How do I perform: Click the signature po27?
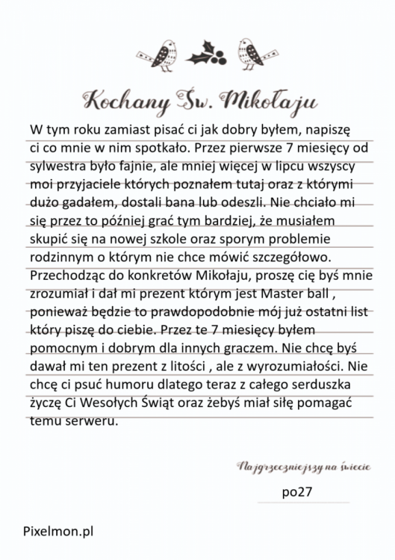pyautogui.click(x=299, y=492)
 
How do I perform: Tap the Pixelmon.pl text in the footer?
pyautogui.click(x=58, y=532)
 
